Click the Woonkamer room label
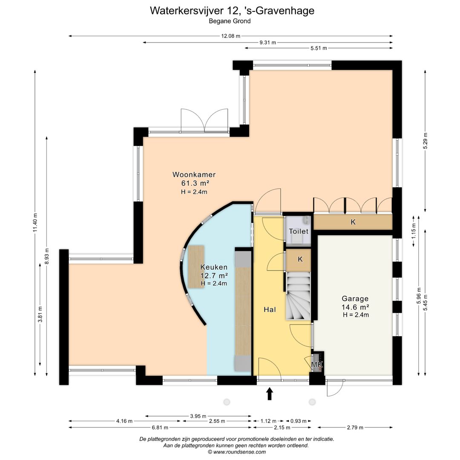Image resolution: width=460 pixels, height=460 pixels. tap(194, 175)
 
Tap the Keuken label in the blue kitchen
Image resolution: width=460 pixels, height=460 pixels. tap(214, 267)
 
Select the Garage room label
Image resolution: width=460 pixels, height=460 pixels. tap(355, 299)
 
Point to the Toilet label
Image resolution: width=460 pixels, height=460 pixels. tap(299, 231)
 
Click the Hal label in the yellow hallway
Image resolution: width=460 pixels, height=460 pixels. tap(270, 310)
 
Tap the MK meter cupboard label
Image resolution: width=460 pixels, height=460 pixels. tap(317, 365)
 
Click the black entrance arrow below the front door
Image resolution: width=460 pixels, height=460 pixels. tap(270, 394)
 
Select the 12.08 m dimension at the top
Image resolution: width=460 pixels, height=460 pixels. tap(230, 36)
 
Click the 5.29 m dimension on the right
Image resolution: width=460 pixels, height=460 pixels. tap(425, 141)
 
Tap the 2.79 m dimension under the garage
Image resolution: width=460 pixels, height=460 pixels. tap(355, 428)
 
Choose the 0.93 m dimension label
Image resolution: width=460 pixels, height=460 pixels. tap(298, 421)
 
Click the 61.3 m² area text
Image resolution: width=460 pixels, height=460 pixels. tap(195, 183)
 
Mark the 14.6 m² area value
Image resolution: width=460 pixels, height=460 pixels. tap(355, 307)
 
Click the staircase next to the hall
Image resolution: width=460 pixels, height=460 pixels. tap(298, 296)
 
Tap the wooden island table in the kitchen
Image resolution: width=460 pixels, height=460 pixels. tap(196, 267)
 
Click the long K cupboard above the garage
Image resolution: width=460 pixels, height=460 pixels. tap(353, 222)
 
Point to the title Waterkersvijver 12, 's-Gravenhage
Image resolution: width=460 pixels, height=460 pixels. tap(232, 11)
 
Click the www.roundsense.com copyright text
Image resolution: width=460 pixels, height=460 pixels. tap(237, 452)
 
